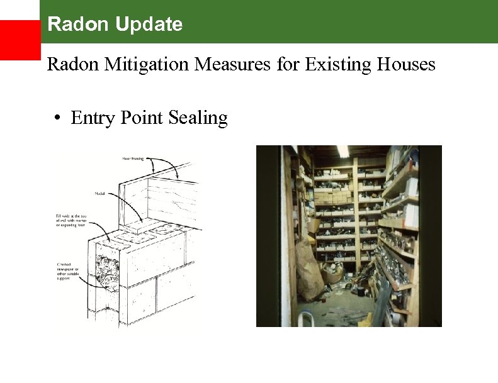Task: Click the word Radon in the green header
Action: pos(70,25)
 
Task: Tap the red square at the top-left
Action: pos(20,40)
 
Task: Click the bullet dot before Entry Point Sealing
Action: pos(57,118)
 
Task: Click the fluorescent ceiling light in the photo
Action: pos(342,151)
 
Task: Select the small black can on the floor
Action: pos(356,291)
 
